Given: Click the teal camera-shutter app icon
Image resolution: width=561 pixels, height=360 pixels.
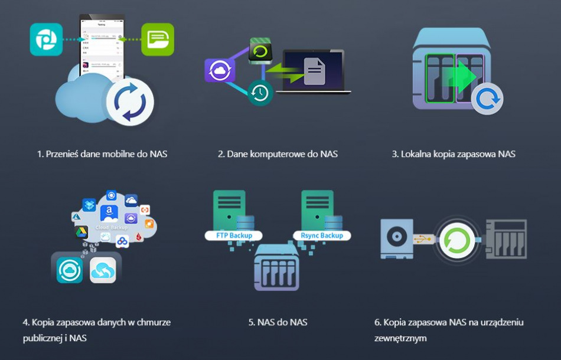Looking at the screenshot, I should (46, 40).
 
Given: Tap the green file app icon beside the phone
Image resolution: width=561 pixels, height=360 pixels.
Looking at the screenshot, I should (158, 40).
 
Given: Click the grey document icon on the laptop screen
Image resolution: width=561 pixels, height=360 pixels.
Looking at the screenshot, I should (314, 71).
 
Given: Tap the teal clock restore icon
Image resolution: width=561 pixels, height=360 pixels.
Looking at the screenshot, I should (259, 92).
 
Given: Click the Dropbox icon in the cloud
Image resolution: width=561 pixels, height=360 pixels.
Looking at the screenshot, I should (90, 205).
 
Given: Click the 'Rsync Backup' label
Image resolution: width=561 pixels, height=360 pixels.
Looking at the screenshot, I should (322, 235).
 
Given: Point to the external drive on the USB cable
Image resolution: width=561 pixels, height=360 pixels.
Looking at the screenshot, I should (394, 239).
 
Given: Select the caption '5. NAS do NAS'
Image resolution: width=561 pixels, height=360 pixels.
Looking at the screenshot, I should (278, 322).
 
